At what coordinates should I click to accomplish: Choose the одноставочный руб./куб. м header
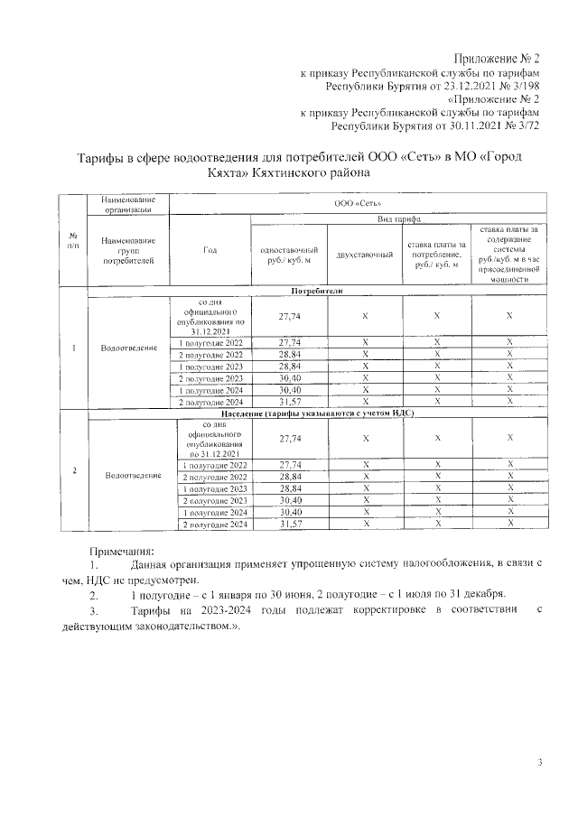pyautogui.click(x=289, y=255)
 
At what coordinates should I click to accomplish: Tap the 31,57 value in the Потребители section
pyautogui.click(x=289, y=401)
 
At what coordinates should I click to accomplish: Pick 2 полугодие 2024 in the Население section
pyautogui.click(x=214, y=524)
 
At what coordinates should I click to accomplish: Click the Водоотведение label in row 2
pyautogui.click(x=133, y=475)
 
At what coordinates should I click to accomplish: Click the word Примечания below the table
pyautogui.click(x=122, y=550)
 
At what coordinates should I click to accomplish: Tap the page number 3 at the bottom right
pyautogui.click(x=539, y=764)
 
